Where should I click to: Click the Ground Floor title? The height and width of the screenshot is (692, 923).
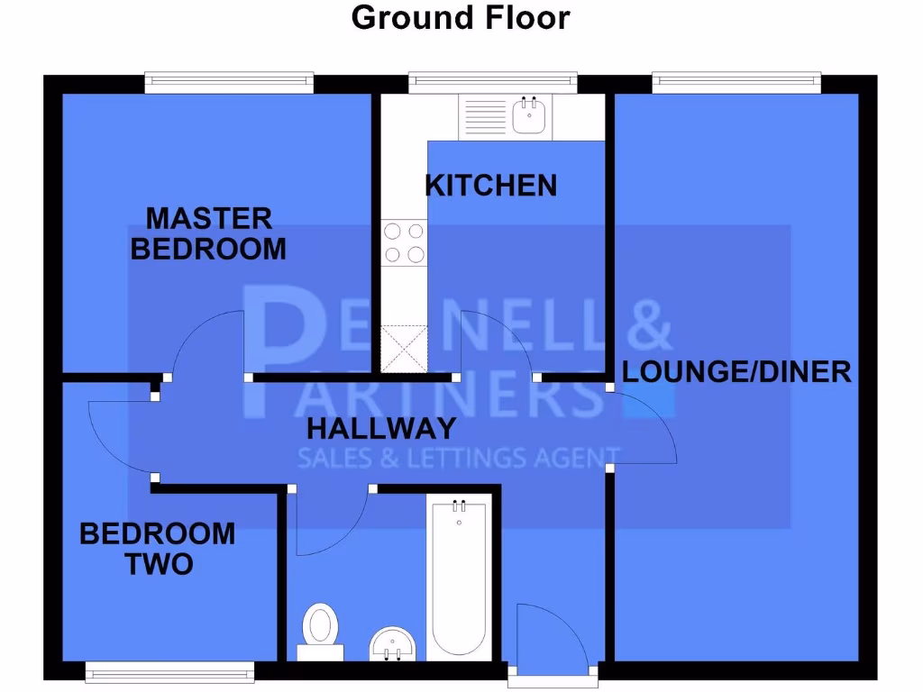pos(461,17)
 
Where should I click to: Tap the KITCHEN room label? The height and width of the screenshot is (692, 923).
pos(491,186)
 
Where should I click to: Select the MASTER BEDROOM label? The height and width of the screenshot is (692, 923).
pos(209,232)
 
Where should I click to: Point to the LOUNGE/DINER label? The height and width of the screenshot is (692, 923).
pos(736,371)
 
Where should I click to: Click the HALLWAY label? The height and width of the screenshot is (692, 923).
pos(381,428)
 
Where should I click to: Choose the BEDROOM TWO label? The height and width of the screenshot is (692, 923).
pos(158,548)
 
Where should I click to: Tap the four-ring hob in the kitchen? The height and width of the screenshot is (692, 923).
pos(404,242)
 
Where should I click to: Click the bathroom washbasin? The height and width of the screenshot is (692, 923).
pos(392,642)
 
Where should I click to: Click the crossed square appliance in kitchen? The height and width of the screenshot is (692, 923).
pos(404,349)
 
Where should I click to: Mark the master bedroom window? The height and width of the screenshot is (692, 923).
pos(230,84)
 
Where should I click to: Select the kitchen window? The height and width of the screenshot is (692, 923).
pos(493,84)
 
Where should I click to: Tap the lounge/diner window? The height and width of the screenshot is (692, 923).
pos(736,84)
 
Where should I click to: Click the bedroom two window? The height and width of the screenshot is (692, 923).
pos(169,671)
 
